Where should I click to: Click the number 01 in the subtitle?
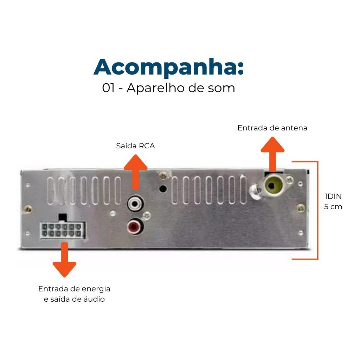click(x=108, y=88)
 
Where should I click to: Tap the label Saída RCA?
click(x=135, y=146)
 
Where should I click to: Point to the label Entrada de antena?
click(x=272, y=128)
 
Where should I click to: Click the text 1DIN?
click(x=333, y=196)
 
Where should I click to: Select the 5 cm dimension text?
click(x=333, y=207)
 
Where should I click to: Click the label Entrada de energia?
click(x=74, y=289)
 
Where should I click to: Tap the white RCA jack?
click(x=135, y=203)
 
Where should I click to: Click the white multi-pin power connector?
click(x=63, y=230)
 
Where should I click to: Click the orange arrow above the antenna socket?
click(x=272, y=154)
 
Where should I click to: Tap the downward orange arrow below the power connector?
click(x=65, y=260)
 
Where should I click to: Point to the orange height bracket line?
click(x=318, y=210)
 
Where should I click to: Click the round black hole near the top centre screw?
click(x=163, y=189)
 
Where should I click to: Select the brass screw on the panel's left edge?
click(x=28, y=209)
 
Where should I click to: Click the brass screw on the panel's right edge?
click(x=301, y=208)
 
